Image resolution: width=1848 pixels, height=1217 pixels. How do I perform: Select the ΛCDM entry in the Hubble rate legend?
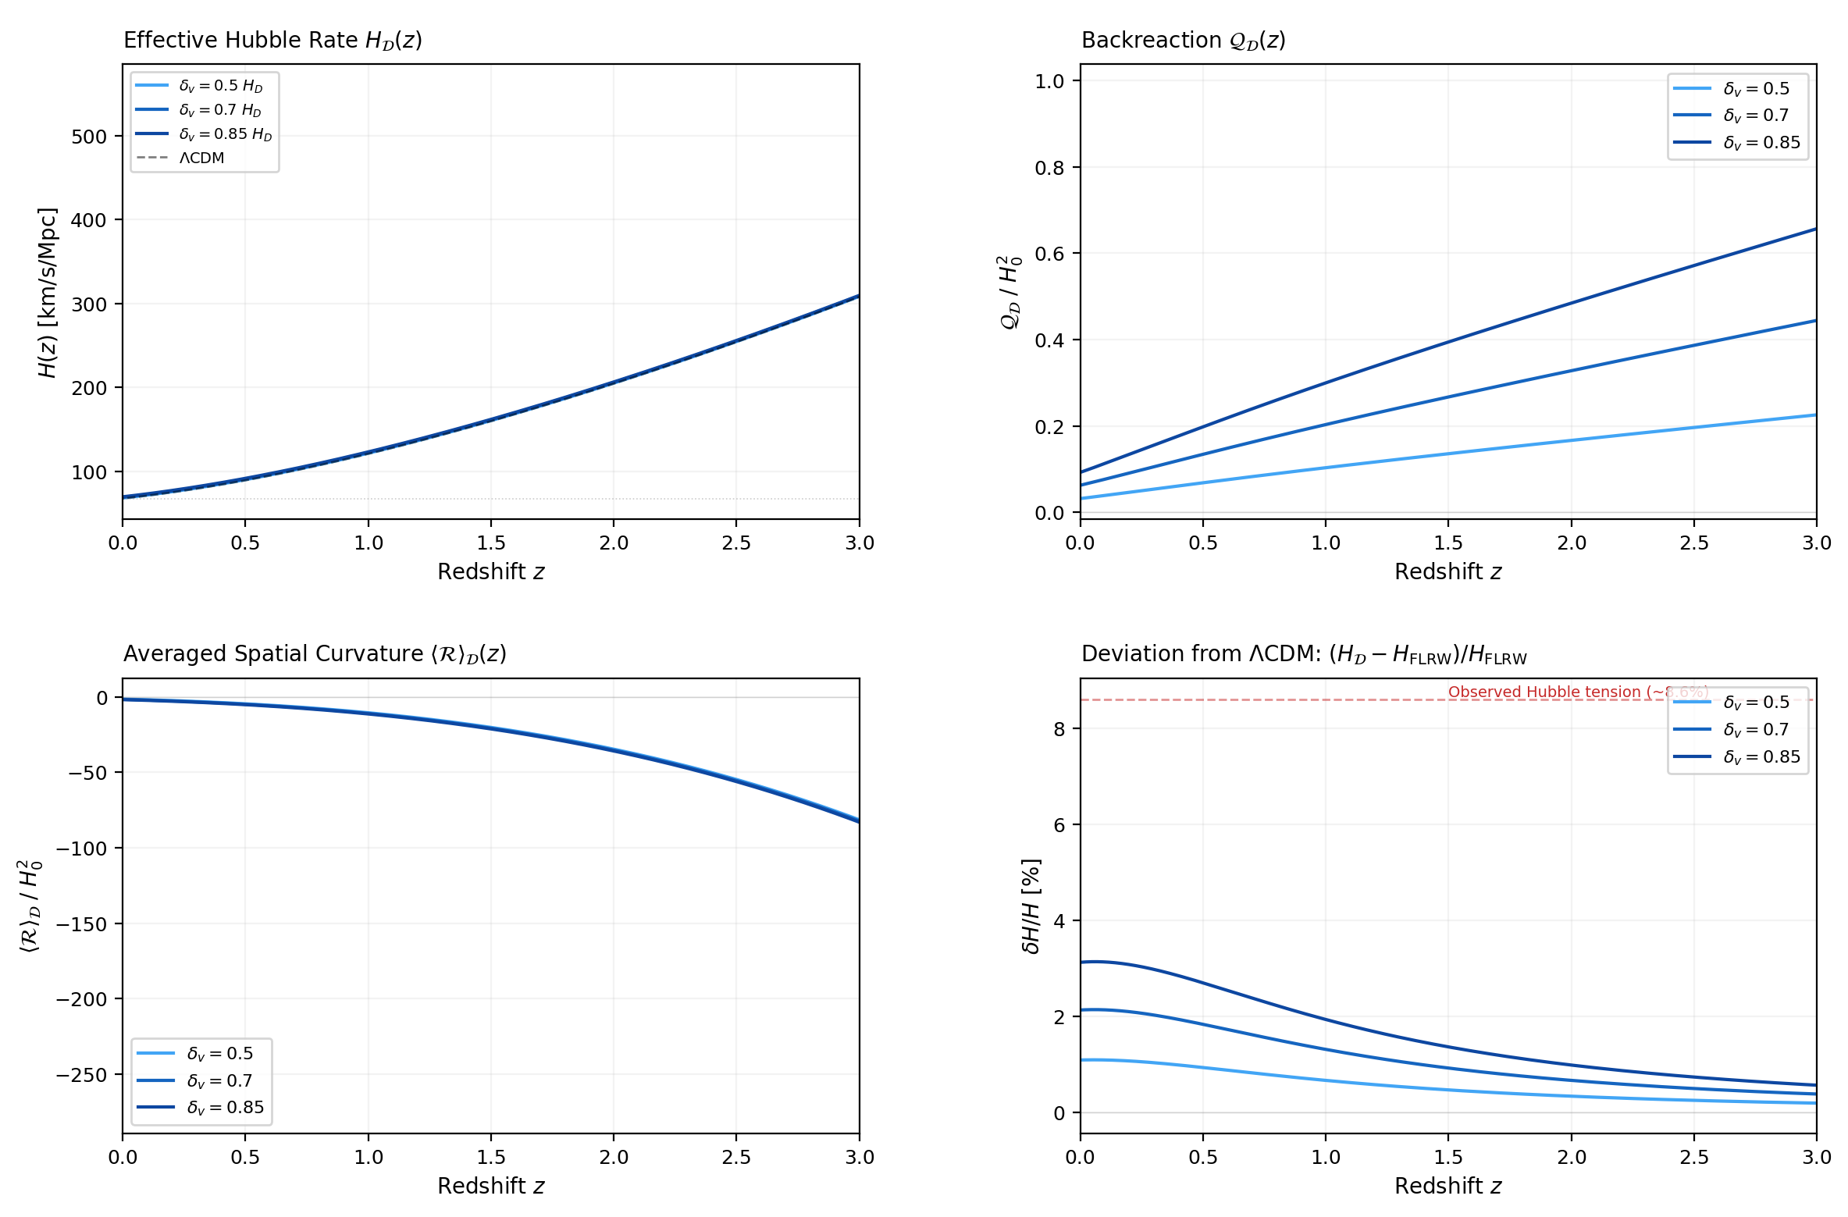coord(201,158)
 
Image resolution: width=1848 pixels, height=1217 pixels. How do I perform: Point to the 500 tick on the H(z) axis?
coord(88,137)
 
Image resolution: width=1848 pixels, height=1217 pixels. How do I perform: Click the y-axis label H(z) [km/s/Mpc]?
coord(48,292)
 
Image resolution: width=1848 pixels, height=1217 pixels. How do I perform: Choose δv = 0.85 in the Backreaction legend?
coord(1761,142)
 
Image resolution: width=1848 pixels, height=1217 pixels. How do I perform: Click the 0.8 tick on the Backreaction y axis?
coord(1049,168)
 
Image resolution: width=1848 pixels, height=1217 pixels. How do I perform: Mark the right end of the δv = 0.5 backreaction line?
coord(1815,415)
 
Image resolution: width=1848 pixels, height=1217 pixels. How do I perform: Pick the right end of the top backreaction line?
coord(1815,229)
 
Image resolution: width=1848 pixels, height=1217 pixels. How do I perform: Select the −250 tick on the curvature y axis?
coord(81,1075)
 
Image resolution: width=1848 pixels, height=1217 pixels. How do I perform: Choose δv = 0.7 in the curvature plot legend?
coord(219,1080)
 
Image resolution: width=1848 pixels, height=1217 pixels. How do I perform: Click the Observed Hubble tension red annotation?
coord(1577,692)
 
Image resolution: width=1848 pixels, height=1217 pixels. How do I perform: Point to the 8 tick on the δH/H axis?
coord(1059,729)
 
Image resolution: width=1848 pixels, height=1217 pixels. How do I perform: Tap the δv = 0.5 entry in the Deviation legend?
coord(1756,702)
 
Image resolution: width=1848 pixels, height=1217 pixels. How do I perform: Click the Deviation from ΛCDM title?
coord(1303,654)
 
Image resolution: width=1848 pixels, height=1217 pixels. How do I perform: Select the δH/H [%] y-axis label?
coord(1031,906)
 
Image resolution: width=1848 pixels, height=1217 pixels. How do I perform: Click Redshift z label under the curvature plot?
coord(490,1186)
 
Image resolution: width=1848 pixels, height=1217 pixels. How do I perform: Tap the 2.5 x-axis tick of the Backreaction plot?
coord(1693,543)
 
